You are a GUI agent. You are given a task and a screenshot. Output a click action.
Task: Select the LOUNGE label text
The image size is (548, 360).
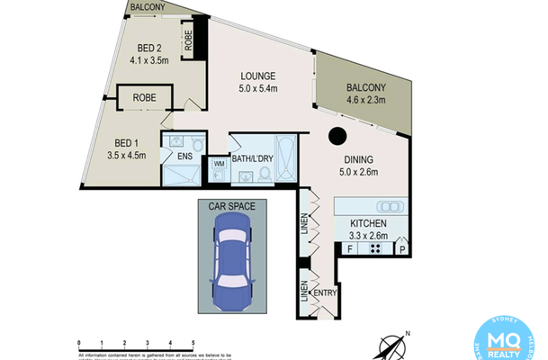256,76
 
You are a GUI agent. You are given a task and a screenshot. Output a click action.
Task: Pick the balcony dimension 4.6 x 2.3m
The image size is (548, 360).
365,100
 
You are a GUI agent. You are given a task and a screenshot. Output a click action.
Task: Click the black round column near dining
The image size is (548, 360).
337,137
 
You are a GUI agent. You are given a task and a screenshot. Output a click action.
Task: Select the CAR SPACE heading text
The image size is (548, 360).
232,206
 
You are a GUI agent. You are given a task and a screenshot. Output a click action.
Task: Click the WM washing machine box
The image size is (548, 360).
218,165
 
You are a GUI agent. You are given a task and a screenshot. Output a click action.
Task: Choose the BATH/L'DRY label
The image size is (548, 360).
253,159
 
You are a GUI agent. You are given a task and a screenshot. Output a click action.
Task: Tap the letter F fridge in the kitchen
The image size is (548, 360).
349,248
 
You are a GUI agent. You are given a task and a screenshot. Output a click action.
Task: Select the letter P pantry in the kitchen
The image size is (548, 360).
402,248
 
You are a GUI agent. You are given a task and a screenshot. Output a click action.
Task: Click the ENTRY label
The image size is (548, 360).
325,293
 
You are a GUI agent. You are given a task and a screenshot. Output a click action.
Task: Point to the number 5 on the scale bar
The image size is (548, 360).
194,344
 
